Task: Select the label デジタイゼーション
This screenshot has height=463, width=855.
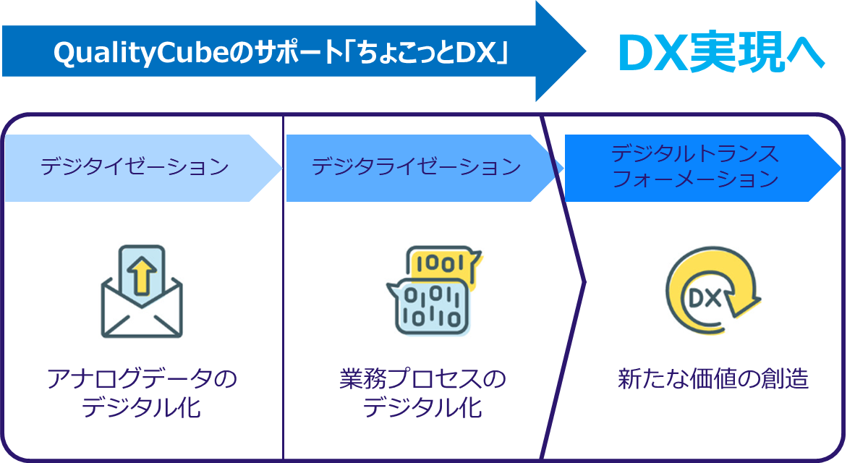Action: [x=135, y=167]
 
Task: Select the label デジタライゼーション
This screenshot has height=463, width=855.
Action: [x=416, y=167]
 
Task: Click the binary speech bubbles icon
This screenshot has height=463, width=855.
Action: [x=432, y=289]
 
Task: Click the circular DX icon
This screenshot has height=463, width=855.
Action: [x=712, y=289]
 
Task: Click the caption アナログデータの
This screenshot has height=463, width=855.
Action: [x=141, y=379]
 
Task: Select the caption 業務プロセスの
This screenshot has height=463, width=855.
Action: [x=422, y=379]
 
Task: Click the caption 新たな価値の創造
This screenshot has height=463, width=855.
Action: [x=712, y=379]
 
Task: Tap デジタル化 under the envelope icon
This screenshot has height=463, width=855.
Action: [x=141, y=409]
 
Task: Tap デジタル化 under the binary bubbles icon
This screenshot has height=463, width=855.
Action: [x=422, y=409]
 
